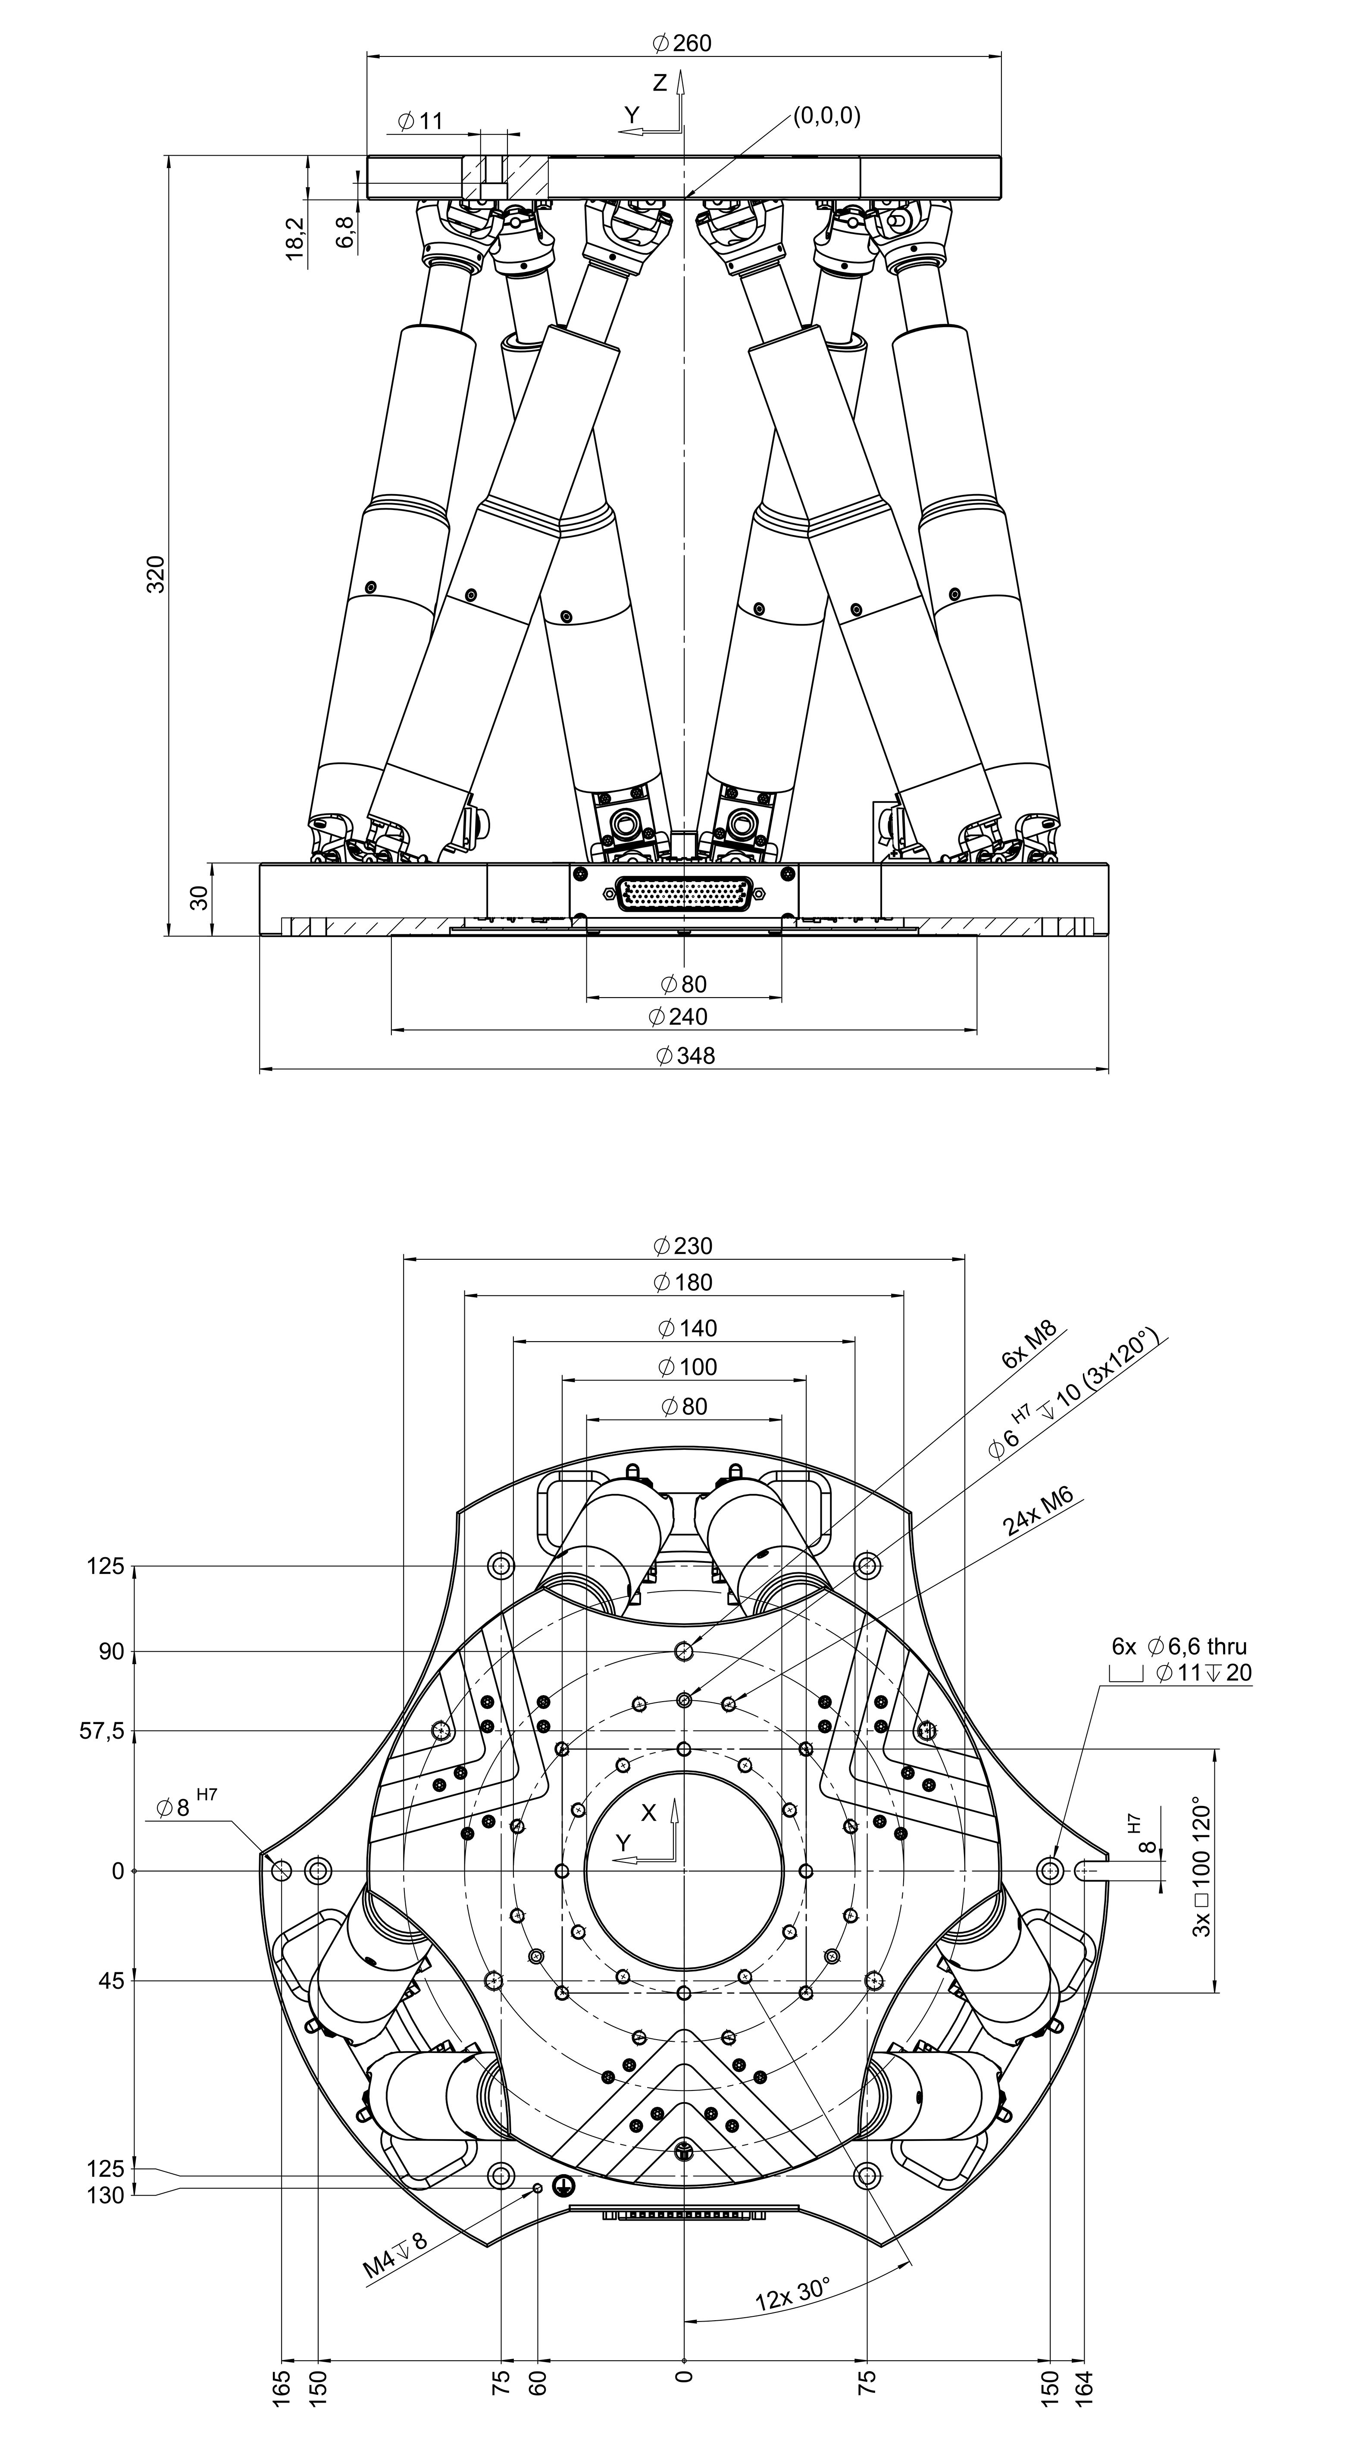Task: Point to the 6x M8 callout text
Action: (1029, 1346)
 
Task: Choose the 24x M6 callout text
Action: (1038, 1512)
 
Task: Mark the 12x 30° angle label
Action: (792, 2296)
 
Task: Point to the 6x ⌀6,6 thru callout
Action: (1180, 1646)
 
